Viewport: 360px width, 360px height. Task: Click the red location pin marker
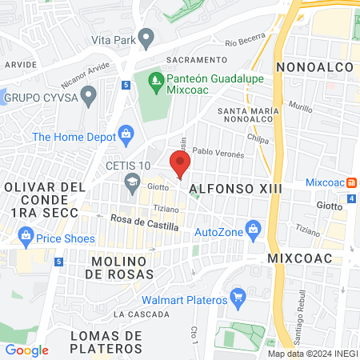[180, 165]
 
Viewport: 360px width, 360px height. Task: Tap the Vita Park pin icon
[146, 37]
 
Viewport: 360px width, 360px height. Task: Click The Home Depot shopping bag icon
[124, 133]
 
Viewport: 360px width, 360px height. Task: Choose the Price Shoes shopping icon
[26, 237]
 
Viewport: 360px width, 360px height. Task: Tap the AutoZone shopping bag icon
[254, 229]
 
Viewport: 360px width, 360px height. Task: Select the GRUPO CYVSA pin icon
[89, 96]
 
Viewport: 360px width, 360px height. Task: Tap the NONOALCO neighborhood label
[310, 67]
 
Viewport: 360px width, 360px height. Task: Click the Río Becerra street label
[244, 41]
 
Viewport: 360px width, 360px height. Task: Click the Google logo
[26, 350]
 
